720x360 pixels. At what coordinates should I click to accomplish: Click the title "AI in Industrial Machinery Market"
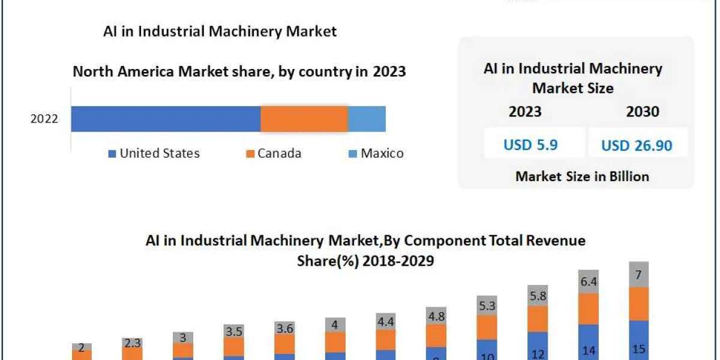(x=220, y=31)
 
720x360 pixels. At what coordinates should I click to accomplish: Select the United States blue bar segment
(x=166, y=119)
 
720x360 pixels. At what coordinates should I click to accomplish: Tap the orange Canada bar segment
(x=304, y=119)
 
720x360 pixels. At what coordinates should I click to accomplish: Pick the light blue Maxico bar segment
(x=367, y=119)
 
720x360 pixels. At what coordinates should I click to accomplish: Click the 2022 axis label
(x=44, y=119)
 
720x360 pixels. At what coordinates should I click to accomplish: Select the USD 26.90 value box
(x=637, y=145)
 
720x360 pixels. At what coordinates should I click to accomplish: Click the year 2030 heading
(x=642, y=112)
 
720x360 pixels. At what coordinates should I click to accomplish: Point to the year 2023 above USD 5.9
(x=525, y=112)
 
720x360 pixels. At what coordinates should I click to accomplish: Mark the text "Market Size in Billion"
(x=582, y=176)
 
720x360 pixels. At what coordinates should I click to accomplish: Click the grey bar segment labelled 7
(x=638, y=274)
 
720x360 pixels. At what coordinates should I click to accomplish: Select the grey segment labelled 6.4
(x=588, y=281)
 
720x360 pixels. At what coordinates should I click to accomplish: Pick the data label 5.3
(x=487, y=306)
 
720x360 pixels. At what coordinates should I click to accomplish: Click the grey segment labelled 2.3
(x=132, y=343)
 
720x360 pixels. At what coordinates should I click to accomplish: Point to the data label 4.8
(x=436, y=316)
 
